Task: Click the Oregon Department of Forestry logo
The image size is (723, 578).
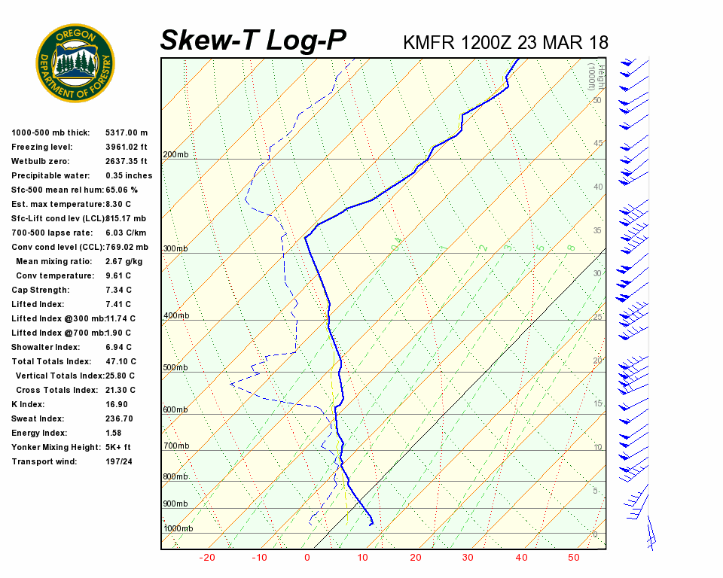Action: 75,63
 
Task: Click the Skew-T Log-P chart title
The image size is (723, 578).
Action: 253,41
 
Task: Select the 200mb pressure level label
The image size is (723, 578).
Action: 175,155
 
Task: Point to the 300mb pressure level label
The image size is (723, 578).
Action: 175,249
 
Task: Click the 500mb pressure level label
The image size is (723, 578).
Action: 175,368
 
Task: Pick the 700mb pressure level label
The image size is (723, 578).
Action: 175,446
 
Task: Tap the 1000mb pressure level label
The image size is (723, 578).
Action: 178,529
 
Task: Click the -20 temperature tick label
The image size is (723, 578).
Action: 207,558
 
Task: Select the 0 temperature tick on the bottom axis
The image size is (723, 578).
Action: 307,558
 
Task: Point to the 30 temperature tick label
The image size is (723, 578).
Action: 468,558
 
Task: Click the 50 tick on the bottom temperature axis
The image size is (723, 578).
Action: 574,558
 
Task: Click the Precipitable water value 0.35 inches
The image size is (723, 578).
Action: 129,176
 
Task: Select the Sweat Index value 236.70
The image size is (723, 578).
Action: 119,419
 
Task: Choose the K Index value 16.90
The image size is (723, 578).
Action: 116,405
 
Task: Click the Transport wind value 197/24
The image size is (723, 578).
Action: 119,462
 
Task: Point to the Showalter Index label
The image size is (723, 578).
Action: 45,348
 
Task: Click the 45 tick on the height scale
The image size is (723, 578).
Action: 598,144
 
